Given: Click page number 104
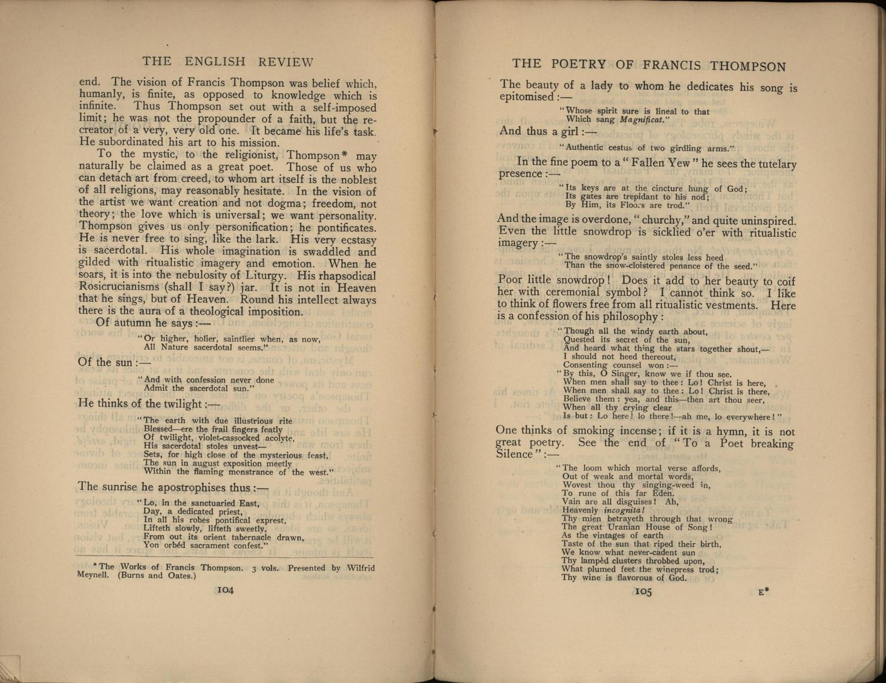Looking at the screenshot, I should point(225,589).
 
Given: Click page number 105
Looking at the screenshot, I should point(643,592).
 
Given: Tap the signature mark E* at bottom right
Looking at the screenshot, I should point(763,592).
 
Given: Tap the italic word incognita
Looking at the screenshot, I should point(624,510).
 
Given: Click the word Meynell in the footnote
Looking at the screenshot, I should point(93,575).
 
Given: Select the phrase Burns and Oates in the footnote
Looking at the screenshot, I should point(157,575).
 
